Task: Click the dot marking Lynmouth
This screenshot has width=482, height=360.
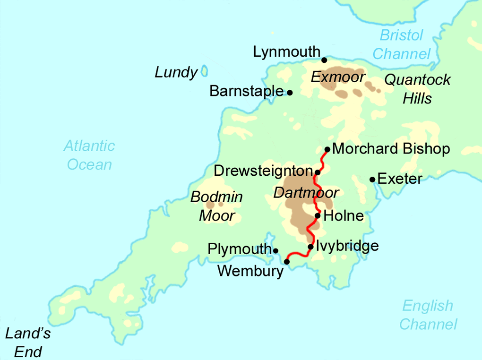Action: pyautogui.click(x=324, y=60)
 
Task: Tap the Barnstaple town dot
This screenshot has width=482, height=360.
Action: pyautogui.click(x=290, y=93)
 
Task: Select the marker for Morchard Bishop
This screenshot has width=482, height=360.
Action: pyautogui.click(x=327, y=149)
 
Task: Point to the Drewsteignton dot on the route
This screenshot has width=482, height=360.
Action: pyautogui.click(x=318, y=172)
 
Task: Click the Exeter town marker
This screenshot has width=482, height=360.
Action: pyautogui.click(x=372, y=180)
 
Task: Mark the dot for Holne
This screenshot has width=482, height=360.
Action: pyautogui.click(x=318, y=216)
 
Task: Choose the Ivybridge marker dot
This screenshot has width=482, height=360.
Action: pyautogui.click(x=310, y=247)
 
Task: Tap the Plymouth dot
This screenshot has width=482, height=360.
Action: pyautogui.click(x=275, y=250)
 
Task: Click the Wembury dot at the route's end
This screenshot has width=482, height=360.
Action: pyautogui.click(x=286, y=261)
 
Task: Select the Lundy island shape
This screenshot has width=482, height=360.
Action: pyautogui.click(x=205, y=71)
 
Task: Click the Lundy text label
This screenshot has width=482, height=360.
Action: pyautogui.click(x=176, y=73)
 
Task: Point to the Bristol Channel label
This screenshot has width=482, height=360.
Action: pyautogui.click(x=402, y=44)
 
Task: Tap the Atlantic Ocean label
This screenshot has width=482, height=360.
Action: pyautogui.click(x=89, y=155)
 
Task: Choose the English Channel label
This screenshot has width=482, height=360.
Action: pyautogui.click(x=428, y=315)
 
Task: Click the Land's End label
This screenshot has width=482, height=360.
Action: pyautogui.click(x=28, y=343)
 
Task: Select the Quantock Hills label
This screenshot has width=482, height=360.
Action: pyautogui.click(x=417, y=89)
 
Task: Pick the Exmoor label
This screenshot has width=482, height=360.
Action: pyautogui.click(x=338, y=77)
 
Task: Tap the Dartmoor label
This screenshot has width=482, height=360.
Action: pyautogui.click(x=306, y=193)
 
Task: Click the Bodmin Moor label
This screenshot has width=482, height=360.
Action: pyautogui.click(x=217, y=206)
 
